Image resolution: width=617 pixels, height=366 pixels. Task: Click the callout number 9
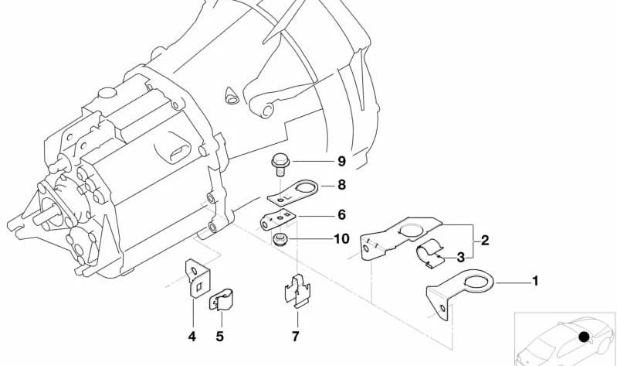click(x=341, y=161)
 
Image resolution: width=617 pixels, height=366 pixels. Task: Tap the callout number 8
click(x=341, y=185)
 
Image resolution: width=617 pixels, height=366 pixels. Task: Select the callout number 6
click(x=341, y=215)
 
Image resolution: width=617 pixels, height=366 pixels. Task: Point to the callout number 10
click(x=341, y=239)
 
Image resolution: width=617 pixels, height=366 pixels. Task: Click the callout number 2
click(x=485, y=240)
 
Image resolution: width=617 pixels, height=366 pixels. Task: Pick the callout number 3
click(x=460, y=258)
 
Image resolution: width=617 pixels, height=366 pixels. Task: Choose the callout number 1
click(x=535, y=281)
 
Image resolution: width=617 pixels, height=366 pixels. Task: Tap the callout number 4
click(x=192, y=337)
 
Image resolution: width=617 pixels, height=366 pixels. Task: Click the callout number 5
click(x=219, y=337)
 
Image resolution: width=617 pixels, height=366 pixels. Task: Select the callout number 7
click(x=296, y=337)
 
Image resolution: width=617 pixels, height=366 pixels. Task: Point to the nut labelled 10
click(x=280, y=239)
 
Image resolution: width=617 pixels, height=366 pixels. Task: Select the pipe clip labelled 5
click(x=221, y=299)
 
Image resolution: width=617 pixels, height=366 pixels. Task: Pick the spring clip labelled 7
click(x=297, y=291)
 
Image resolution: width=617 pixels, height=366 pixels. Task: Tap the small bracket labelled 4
click(x=198, y=278)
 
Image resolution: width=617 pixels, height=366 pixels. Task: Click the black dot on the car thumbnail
click(x=584, y=337)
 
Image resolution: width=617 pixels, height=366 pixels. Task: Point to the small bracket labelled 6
click(x=278, y=219)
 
